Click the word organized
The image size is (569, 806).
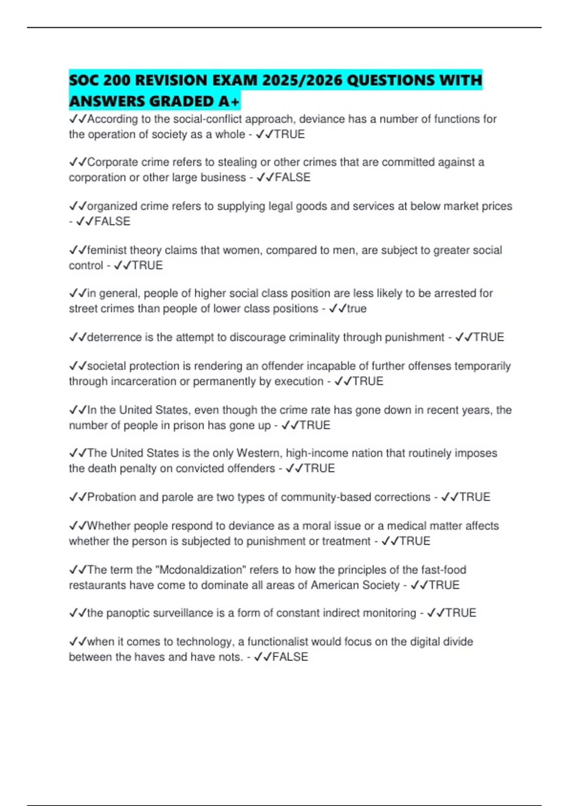pyautogui.click(x=112, y=206)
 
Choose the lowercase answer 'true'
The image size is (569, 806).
pyautogui.click(x=357, y=309)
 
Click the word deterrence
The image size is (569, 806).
pyautogui.click(x=114, y=337)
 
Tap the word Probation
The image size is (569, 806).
pyautogui.click(x=111, y=497)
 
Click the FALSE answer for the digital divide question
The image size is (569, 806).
pyautogui.click(x=290, y=657)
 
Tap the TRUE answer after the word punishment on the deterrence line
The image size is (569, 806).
pyautogui.click(x=488, y=337)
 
